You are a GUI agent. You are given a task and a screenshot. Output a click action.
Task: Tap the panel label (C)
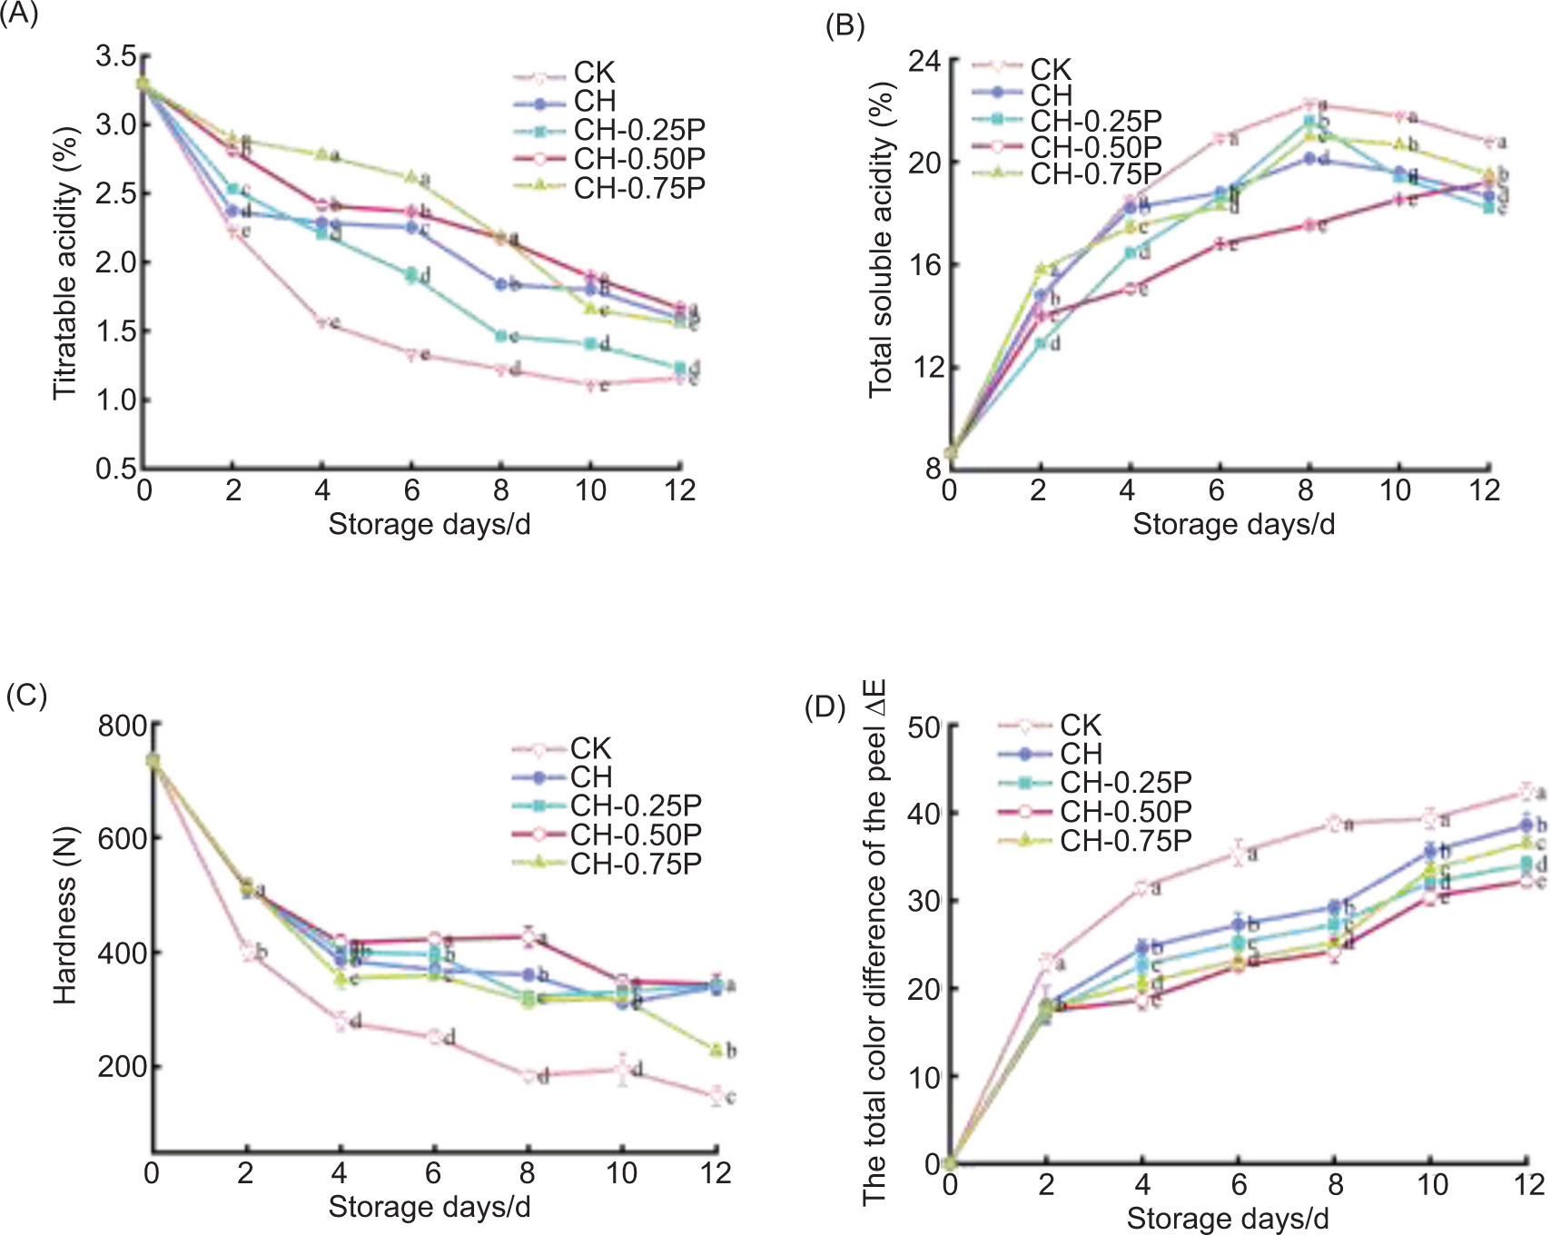click(25, 696)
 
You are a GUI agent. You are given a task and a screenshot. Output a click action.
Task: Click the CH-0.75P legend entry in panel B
click(1095, 173)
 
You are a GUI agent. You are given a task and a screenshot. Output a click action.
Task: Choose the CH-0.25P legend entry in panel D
click(1125, 782)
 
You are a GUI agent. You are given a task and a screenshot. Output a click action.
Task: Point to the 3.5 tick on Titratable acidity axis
click(116, 56)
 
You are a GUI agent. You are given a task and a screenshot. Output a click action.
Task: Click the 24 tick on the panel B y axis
click(924, 62)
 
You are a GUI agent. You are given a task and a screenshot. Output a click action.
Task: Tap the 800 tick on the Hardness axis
click(123, 726)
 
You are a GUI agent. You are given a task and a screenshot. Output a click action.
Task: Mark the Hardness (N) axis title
click(65, 915)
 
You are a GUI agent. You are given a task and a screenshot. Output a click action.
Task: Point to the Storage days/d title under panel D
click(1228, 1218)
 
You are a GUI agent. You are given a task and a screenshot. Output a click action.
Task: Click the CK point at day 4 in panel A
click(322, 322)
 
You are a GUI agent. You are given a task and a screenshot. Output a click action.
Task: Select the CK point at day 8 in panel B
click(1308, 104)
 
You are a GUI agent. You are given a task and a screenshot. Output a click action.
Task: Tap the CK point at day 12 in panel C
click(716, 1095)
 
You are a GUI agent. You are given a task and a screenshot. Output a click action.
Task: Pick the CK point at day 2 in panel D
click(1046, 961)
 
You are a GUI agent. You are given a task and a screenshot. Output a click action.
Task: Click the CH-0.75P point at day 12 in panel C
click(716, 1050)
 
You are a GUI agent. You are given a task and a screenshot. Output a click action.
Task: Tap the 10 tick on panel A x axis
click(590, 490)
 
